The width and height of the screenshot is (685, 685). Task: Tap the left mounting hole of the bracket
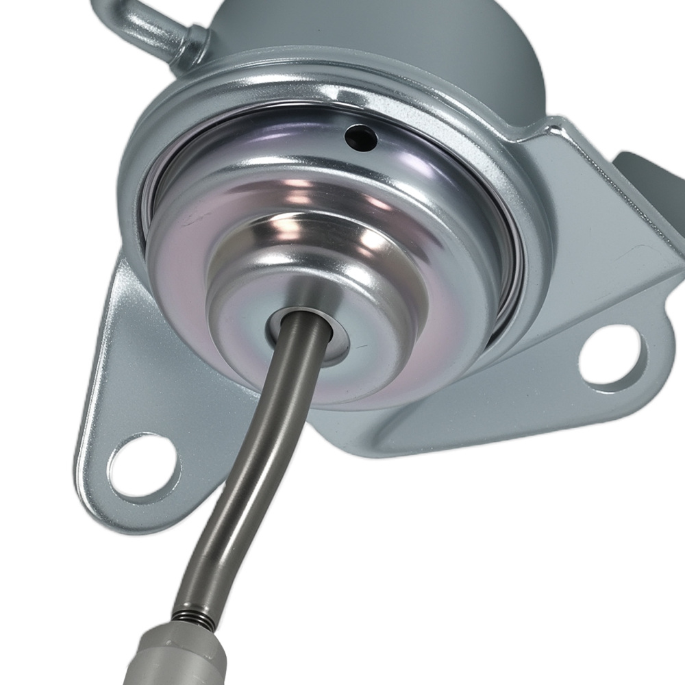click(x=142, y=466)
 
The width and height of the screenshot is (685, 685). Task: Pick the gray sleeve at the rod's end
click(x=178, y=658)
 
